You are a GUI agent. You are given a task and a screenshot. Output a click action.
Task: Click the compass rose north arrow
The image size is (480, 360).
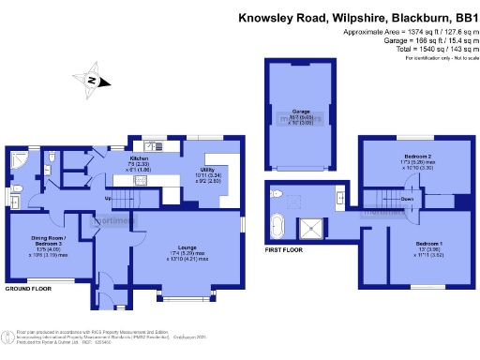(91, 81)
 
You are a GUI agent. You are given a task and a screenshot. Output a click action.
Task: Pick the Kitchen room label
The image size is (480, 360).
(139, 160)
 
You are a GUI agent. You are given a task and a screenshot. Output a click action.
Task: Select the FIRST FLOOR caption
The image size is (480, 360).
(285, 251)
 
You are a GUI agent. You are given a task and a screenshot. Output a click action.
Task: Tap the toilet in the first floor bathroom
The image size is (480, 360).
(277, 193)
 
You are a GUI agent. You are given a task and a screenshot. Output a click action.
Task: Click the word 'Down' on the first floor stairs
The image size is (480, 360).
(407, 200)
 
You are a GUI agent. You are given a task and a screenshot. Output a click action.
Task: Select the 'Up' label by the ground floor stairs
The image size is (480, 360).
(108, 199)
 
